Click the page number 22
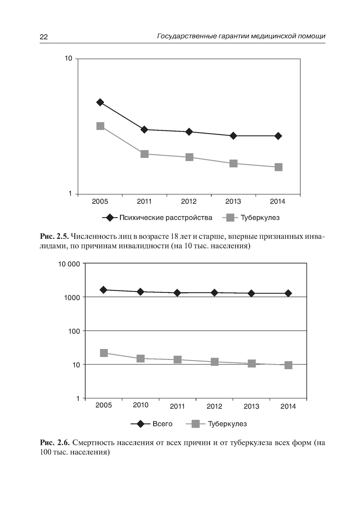tap(44, 37)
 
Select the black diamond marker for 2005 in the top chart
tap(100, 102)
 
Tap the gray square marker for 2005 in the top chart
tap(100, 126)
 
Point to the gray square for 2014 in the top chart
tap(278, 167)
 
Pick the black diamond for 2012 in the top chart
tap(189, 132)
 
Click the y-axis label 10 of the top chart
tap(68, 58)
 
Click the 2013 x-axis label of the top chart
tap(233, 201)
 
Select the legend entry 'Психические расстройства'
tap(166, 218)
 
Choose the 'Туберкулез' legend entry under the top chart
tap(260, 218)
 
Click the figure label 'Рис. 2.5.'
tap(54, 237)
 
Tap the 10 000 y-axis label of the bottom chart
tap(69, 264)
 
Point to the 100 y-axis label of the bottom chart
tap(74, 331)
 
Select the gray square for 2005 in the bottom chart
tap(104, 353)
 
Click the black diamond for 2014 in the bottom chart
tap(288, 293)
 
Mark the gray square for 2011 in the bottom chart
tap(177, 360)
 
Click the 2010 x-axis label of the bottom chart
tap(140, 405)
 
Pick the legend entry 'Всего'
tap(162, 424)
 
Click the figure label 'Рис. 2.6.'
tap(54, 443)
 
